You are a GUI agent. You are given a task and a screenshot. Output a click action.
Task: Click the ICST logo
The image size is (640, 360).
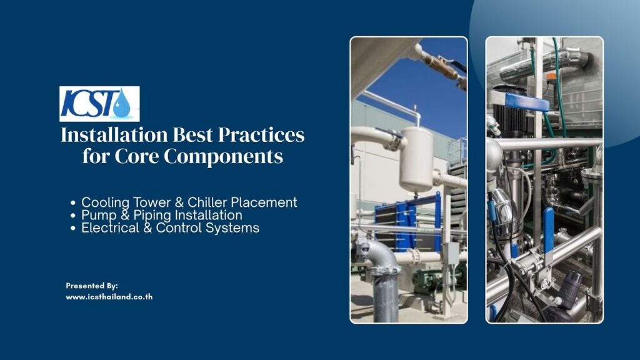pyautogui.click(x=99, y=104)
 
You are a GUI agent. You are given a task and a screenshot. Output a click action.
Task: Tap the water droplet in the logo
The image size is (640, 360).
pyautogui.click(x=122, y=104)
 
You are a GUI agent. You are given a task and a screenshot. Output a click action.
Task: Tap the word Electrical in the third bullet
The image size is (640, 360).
pyautogui.click(x=110, y=227)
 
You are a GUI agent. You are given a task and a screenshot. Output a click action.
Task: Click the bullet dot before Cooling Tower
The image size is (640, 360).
pyautogui.click(x=73, y=203)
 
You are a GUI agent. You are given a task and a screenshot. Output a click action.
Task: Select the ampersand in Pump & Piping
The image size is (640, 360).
pyautogui.click(x=125, y=215)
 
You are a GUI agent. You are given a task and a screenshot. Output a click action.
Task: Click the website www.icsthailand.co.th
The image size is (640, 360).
pyautogui.click(x=109, y=297)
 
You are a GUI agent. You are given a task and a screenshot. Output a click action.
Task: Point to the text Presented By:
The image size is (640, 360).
pyautogui.click(x=92, y=286)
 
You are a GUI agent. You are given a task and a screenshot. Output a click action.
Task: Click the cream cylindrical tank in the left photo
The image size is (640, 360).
pyautogui.click(x=416, y=159)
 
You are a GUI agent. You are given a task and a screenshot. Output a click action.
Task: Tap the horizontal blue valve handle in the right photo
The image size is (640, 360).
pyautogui.click(x=527, y=101)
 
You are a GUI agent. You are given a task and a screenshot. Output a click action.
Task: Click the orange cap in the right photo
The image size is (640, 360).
pyautogui.click(x=552, y=77)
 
